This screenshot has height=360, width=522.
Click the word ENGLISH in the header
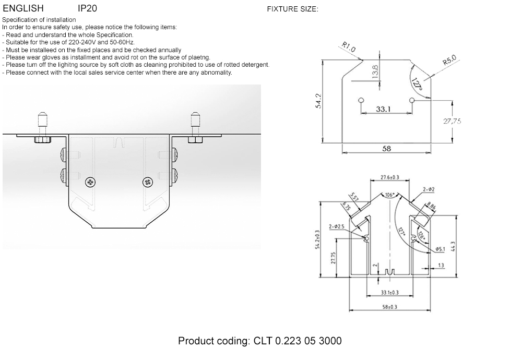(23, 8)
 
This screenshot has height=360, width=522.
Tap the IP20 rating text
(87, 8)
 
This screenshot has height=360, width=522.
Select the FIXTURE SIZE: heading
(292, 9)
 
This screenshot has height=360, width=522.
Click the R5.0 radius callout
(449, 62)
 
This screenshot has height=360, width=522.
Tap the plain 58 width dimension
(387, 149)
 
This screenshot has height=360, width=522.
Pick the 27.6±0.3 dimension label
(389, 178)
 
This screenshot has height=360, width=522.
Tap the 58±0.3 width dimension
(389, 307)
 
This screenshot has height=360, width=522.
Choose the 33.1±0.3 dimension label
(389, 292)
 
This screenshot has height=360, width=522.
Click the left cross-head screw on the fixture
(91, 182)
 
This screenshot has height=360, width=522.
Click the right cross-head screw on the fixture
(148, 182)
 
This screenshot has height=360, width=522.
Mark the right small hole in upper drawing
(412, 100)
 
